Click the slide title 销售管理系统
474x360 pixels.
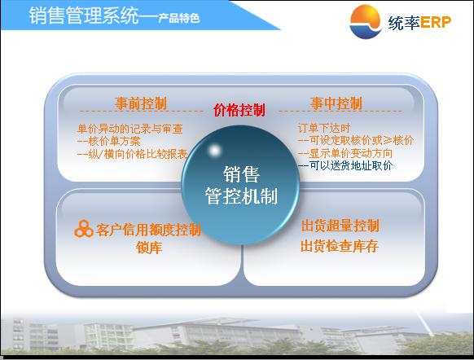tap(84, 15)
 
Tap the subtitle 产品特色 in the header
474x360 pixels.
tap(179, 18)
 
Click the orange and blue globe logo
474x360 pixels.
tap(366, 22)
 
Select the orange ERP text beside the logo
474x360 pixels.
tap(435, 22)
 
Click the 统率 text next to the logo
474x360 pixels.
tap(404, 23)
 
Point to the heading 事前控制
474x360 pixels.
tap(141, 103)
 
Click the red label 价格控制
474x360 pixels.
tap(239, 110)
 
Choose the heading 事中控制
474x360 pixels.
tap(336, 103)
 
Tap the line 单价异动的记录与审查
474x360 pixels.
tap(130, 129)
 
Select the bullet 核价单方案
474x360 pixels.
tap(109, 142)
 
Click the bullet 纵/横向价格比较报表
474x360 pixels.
tap(132, 154)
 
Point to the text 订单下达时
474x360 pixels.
tap(324, 128)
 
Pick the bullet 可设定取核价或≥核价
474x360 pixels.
tap(355, 141)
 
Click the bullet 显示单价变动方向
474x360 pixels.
tap(345, 153)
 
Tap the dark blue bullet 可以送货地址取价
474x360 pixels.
tap(345, 165)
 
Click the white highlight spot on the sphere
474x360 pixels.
tap(215, 150)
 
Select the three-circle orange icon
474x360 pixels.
tap(83, 229)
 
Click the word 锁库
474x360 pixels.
tap(149, 248)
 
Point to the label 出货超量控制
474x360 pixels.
tap(340, 226)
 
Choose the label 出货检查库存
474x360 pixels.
tap(340, 246)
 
